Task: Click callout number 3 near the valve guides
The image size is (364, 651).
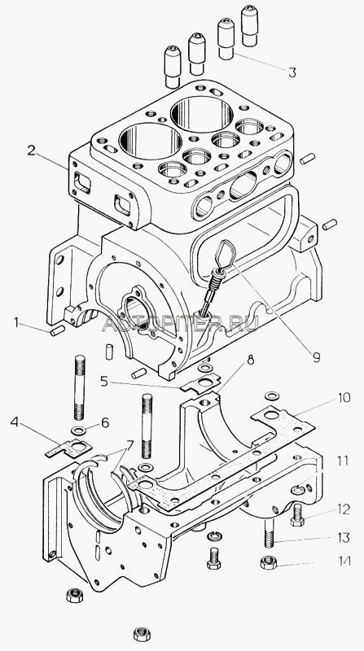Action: coord(292,72)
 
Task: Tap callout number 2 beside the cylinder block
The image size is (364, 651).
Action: coord(32,151)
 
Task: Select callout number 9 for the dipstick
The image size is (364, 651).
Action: coord(316,357)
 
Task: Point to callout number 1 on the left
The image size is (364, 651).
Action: coord(16,321)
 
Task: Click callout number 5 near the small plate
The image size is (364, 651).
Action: coord(104,381)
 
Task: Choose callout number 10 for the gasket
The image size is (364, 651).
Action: coord(344,398)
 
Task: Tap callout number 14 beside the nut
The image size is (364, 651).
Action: coord(344,561)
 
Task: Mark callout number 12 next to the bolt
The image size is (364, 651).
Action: coord(344,509)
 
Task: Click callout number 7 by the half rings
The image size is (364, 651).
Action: coord(129,446)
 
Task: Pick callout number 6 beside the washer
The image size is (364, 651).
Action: coord(105,422)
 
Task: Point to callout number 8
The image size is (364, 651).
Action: coord(251,360)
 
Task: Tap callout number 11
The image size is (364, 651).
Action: coord(343,461)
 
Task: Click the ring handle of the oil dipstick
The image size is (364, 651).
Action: coord(225,254)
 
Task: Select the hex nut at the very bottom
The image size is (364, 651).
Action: coord(142,634)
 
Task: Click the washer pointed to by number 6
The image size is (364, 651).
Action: coord(77,430)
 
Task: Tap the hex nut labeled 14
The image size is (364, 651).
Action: coord(269,562)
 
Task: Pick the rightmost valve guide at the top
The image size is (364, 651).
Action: coord(250,25)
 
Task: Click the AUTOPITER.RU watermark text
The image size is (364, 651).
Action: coord(180,323)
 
